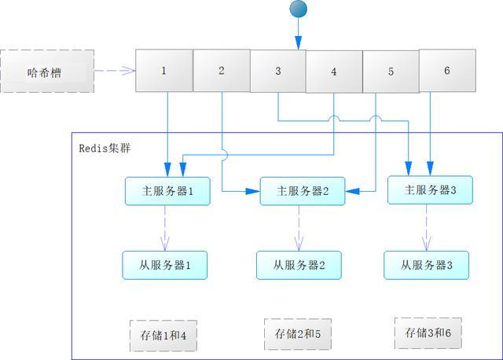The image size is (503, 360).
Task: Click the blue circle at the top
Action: coord(299,9)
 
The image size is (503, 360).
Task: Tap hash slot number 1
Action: coord(164,71)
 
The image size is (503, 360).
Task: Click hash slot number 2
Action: coord(222,71)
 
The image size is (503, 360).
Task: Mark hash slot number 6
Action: coord(447,71)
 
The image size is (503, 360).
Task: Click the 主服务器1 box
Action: coord(167,191)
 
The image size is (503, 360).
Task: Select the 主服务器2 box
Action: coord(302,191)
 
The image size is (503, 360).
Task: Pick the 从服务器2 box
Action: coord(299,265)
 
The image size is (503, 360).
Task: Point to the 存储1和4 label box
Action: coord(163,335)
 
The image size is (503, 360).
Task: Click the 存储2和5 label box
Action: coord(298,333)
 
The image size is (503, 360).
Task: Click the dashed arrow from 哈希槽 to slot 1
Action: coord(115,72)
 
